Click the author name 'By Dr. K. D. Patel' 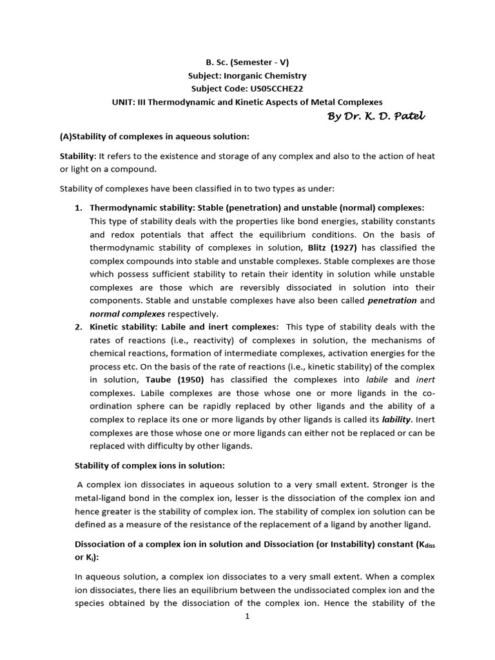pos(376,116)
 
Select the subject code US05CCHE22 pos(270,89)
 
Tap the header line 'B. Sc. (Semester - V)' pos(247,63)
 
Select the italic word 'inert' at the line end pos(425,380)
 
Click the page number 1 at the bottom pos(247,616)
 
